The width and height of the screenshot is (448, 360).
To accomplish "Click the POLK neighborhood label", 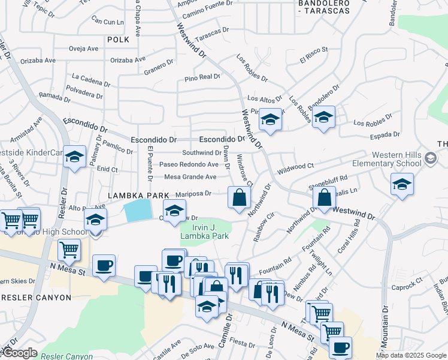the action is pyautogui.click(x=118, y=40).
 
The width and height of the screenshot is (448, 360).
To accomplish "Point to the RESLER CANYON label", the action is pyautogui.click(x=36, y=297).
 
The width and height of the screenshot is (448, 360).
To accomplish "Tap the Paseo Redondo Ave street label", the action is pyautogui.click(x=189, y=164).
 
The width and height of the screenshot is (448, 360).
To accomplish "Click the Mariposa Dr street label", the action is pyautogui.click(x=193, y=193).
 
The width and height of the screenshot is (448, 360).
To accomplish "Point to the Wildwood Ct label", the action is pyautogui.click(x=296, y=166).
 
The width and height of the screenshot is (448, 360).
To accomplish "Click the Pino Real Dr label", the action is pyautogui.click(x=202, y=77).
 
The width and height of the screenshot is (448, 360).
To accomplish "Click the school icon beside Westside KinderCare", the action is pyautogui.click(x=74, y=157).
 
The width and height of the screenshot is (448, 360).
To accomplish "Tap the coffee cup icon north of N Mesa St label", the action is pyautogui.click(x=104, y=265).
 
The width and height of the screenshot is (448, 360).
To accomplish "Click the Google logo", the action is pyautogui.click(x=20, y=353).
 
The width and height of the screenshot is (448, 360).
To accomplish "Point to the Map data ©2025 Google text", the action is pyautogui.click(x=410, y=355).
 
